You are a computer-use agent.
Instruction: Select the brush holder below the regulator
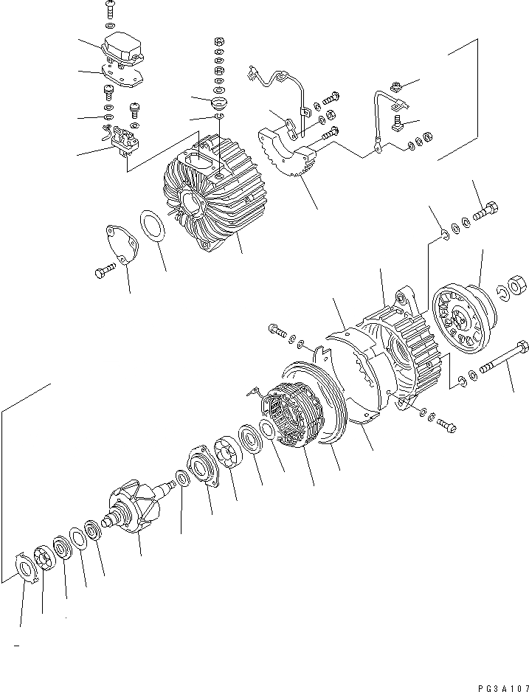click(x=123, y=140)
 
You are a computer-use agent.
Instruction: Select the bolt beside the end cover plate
click(x=104, y=273)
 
